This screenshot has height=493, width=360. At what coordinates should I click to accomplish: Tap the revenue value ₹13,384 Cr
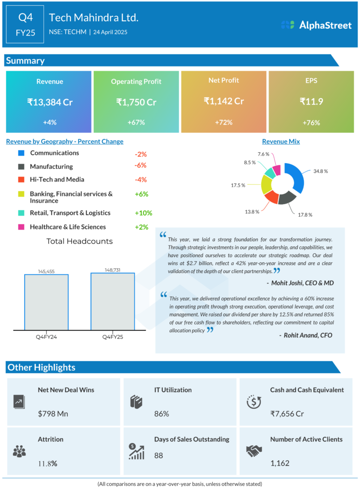[x=50, y=102]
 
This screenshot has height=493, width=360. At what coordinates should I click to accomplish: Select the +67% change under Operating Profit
[x=136, y=123]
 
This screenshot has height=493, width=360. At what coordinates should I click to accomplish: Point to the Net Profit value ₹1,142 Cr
[x=224, y=101]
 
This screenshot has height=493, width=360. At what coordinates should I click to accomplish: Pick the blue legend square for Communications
[x=21, y=153]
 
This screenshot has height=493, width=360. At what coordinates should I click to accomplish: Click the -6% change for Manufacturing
[x=141, y=165]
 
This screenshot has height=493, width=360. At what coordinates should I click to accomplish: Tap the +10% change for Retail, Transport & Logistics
[x=143, y=213]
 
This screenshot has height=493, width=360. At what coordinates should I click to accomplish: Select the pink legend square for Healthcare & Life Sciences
[x=21, y=227]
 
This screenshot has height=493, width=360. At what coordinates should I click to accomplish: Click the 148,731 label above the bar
[x=113, y=271]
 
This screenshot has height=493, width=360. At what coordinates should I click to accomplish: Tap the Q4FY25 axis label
[x=113, y=337]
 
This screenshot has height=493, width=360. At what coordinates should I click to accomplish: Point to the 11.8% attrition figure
[x=48, y=464]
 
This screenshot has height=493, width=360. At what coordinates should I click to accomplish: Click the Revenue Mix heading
[x=281, y=142]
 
